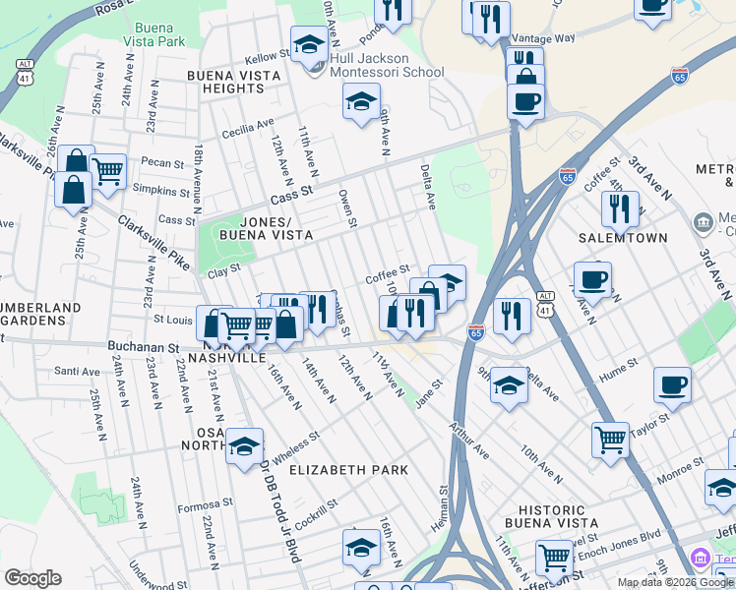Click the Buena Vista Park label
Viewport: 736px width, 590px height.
click(156, 34)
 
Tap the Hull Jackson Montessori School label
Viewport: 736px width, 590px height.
click(387, 65)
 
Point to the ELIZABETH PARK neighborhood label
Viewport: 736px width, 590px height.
click(348, 470)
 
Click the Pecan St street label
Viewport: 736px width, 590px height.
click(162, 163)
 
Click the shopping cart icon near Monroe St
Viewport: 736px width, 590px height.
click(610, 439)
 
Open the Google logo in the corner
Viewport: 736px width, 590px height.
click(32, 578)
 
